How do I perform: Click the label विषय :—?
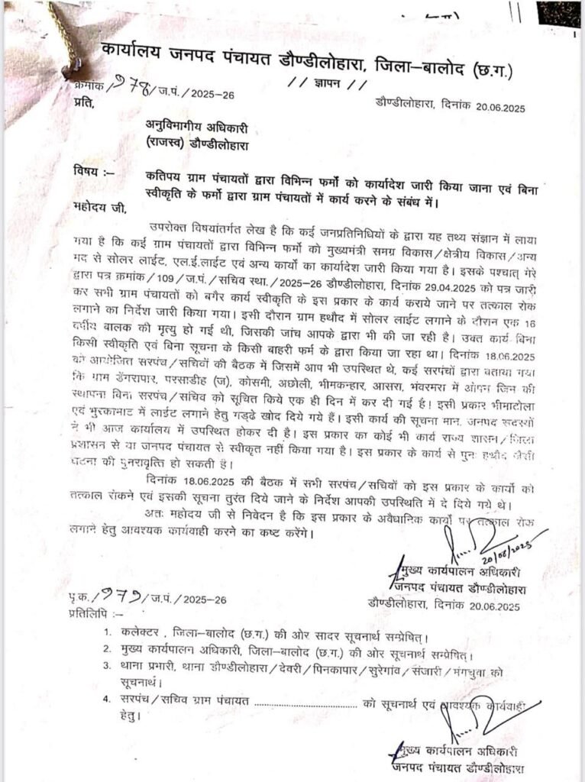tap(92, 170)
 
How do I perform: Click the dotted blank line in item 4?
tap(305, 702)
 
